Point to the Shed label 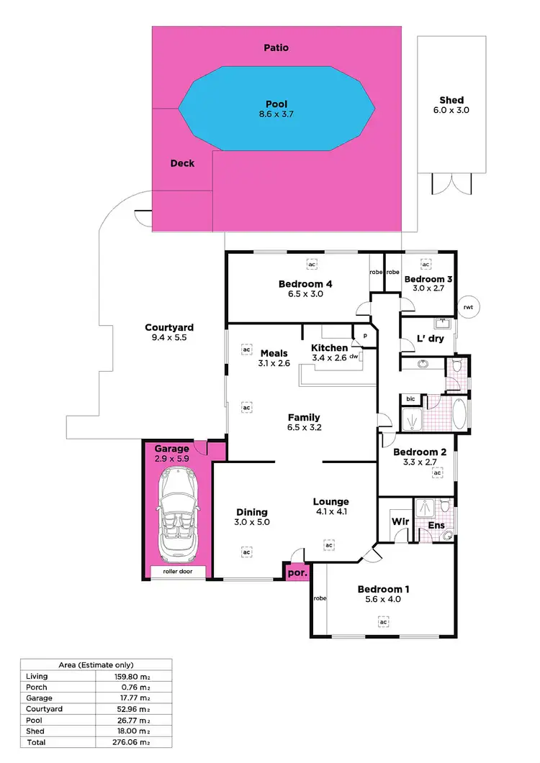click(451, 100)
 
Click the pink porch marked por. click(295, 572)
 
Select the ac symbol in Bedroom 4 click(312, 264)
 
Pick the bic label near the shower click(410, 398)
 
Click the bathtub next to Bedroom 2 click(459, 414)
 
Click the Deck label click(182, 163)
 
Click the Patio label click(276, 47)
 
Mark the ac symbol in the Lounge click(329, 546)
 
